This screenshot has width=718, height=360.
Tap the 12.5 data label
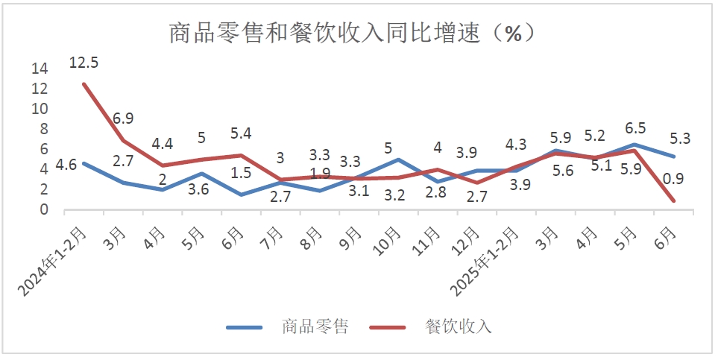click(84, 63)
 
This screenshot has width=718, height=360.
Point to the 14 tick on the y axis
click(40, 69)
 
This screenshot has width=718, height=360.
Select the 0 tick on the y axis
click(43, 210)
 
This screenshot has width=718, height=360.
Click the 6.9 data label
click(124, 119)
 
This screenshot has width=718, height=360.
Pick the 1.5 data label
click(240, 173)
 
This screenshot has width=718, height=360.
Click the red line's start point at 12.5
click(84, 83)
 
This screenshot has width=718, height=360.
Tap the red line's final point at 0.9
click(673, 200)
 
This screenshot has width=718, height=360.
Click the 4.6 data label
click(66, 165)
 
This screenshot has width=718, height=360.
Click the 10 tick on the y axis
click(40, 109)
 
